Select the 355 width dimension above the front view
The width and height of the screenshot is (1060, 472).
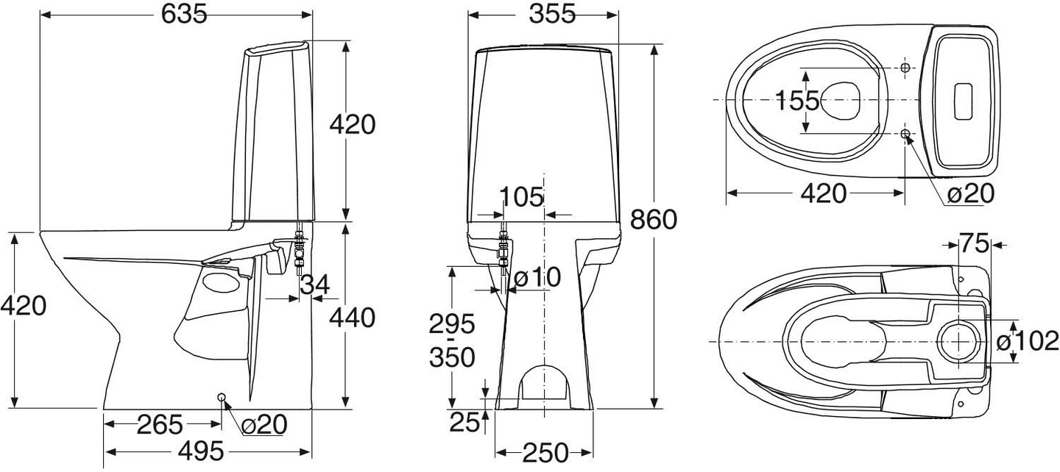pyautogui.click(x=544, y=14)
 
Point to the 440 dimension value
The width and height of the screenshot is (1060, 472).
pyautogui.click(x=352, y=318)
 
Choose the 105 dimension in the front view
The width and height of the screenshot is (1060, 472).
pyautogui.click(x=521, y=196)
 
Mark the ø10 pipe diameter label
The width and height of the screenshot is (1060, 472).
pyautogui.click(x=537, y=277)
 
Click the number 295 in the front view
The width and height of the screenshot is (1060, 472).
pyautogui.click(x=452, y=323)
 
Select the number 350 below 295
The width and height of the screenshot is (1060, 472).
pyautogui.click(x=452, y=358)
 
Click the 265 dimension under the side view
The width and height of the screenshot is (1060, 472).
pyautogui.click(x=160, y=424)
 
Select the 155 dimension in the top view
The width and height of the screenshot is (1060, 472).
pyautogui.click(x=797, y=101)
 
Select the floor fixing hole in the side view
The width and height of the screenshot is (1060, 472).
pyautogui.click(x=222, y=397)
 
